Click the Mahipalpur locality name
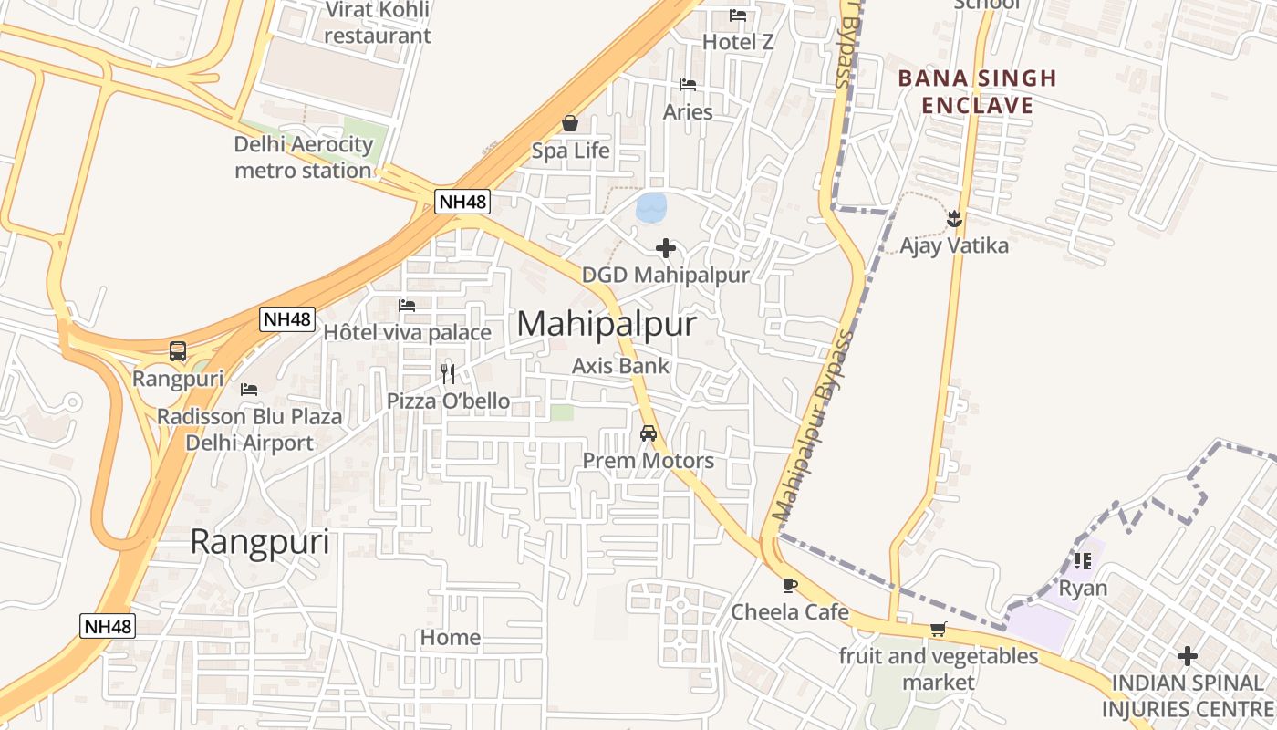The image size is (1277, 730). pyautogui.click(x=607, y=324)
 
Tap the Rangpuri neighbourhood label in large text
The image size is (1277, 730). pyautogui.click(x=259, y=542)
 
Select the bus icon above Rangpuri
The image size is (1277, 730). pyautogui.click(x=178, y=351)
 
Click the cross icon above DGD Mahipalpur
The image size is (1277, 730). pyautogui.click(x=666, y=247)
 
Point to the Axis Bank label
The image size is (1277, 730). pyautogui.click(x=620, y=366)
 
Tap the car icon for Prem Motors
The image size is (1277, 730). pyautogui.click(x=649, y=433)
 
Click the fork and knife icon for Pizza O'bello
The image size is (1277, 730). pyautogui.click(x=448, y=373)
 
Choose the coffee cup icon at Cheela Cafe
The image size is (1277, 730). pyautogui.click(x=790, y=585)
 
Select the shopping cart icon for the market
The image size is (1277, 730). pyautogui.click(x=939, y=629)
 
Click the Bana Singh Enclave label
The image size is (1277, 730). pyautogui.click(x=977, y=91)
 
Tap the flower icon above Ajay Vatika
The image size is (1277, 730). pyautogui.click(x=954, y=219)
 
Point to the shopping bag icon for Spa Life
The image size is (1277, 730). pyautogui.click(x=570, y=123)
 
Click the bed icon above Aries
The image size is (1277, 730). pyautogui.click(x=688, y=85)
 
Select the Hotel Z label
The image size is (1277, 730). pyautogui.click(x=738, y=42)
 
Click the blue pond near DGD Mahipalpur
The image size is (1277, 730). pyautogui.click(x=651, y=207)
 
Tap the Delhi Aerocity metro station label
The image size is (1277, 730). pyautogui.click(x=304, y=157)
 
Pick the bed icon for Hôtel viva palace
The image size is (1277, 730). pyautogui.click(x=407, y=305)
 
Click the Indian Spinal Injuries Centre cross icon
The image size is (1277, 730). pyautogui.click(x=1187, y=655)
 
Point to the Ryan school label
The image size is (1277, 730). pyautogui.click(x=1083, y=588)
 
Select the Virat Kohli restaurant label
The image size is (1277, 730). pyautogui.click(x=377, y=23)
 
